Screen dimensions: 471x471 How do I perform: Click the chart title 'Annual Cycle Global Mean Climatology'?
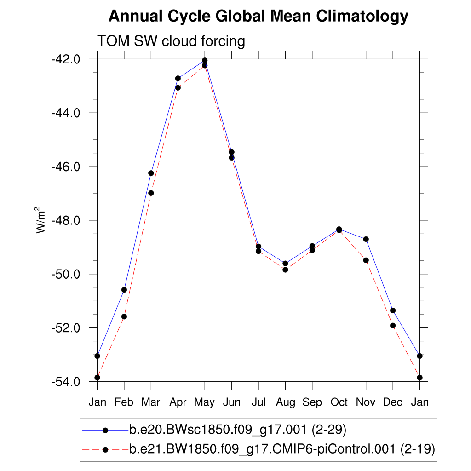click(258, 17)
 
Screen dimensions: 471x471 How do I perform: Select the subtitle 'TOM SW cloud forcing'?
click(171, 41)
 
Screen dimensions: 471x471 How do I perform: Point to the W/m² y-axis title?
click(42, 220)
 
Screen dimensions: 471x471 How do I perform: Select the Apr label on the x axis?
click(178, 402)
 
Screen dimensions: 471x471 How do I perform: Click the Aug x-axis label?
click(285, 402)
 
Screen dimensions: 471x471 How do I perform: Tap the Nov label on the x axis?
click(366, 402)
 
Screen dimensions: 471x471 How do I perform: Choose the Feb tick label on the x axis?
click(124, 402)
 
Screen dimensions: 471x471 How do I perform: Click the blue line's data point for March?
click(151, 173)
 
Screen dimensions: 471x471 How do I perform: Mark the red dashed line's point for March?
click(151, 193)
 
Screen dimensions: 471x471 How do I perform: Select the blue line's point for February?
click(124, 290)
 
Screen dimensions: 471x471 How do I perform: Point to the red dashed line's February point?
click(124, 316)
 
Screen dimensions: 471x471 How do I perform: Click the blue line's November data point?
click(366, 239)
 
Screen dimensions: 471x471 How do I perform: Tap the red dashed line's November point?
click(366, 260)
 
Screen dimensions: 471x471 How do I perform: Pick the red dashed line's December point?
click(393, 326)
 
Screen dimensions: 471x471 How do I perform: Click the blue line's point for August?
click(285, 264)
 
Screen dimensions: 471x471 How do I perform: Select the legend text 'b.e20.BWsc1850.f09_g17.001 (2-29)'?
click(237, 431)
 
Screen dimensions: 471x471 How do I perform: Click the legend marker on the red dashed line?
click(105, 449)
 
